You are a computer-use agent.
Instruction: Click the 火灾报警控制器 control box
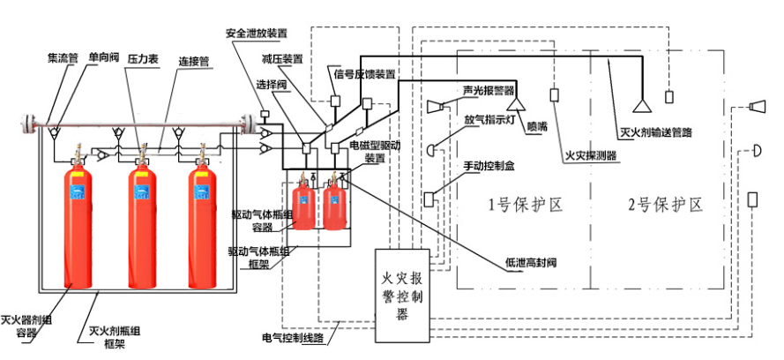click(x=402, y=295)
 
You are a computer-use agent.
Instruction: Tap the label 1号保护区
click(x=526, y=205)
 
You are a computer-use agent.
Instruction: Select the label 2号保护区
click(x=666, y=205)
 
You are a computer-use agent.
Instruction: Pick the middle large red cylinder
click(x=143, y=228)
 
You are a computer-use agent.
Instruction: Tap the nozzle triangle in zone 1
click(x=516, y=103)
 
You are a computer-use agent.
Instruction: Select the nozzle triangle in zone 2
click(x=642, y=106)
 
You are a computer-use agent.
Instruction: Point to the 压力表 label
click(x=143, y=59)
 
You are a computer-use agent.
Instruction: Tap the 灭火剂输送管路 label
click(x=655, y=132)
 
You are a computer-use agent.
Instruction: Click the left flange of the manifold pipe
click(x=28, y=124)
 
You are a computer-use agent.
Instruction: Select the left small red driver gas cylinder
click(x=303, y=206)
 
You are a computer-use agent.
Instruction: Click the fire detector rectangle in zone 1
click(x=554, y=95)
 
